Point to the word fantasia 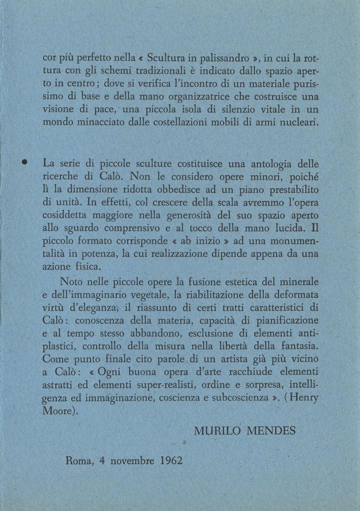tap(293, 345)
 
